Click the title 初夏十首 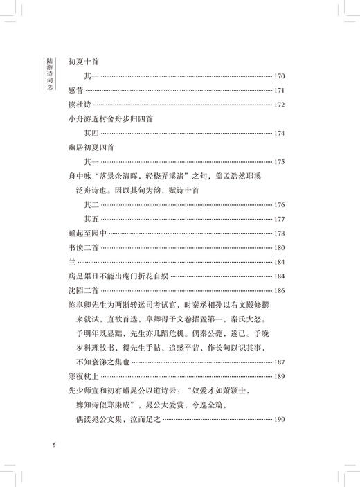click(85, 61)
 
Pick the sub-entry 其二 click(91, 205)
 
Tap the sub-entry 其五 click(91, 220)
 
